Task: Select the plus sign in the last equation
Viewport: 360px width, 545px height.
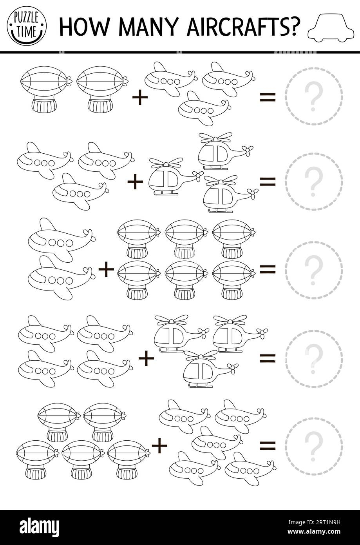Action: point(159,445)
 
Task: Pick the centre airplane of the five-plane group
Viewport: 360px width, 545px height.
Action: point(216,438)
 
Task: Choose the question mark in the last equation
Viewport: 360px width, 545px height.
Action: point(313,446)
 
